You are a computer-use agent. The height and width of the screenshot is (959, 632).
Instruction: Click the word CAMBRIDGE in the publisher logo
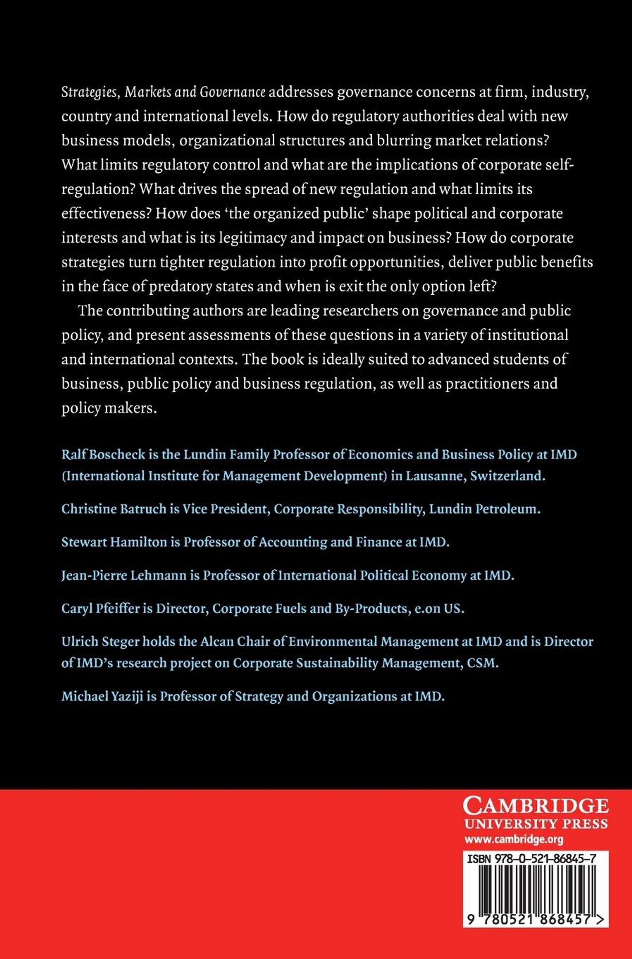point(535,807)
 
